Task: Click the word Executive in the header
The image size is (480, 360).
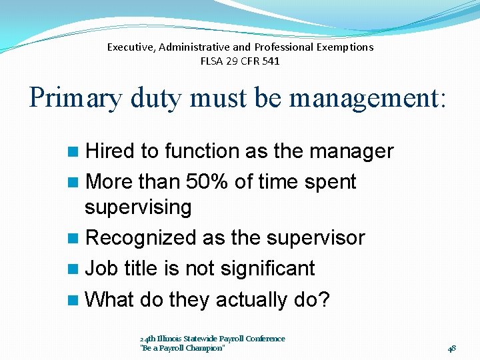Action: tap(131, 47)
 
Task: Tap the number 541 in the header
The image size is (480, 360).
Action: tap(271, 61)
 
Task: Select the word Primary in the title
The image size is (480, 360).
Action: tap(75, 98)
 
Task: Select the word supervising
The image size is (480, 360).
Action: tap(138, 207)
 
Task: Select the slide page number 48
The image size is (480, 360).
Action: tap(451, 348)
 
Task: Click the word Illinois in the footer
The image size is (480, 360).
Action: tap(169, 339)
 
